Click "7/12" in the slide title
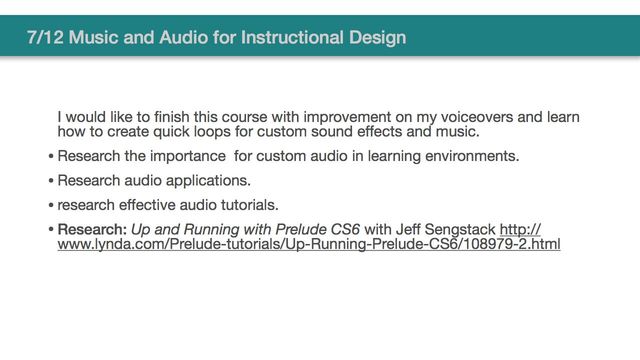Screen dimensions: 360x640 pyautogui.click(x=46, y=39)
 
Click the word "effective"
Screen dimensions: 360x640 pyautogui.click(x=155, y=205)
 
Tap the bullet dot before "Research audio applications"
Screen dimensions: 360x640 pyautogui.click(x=51, y=181)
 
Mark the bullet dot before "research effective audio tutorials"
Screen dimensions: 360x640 pyautogui.click(x=51, y=206)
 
